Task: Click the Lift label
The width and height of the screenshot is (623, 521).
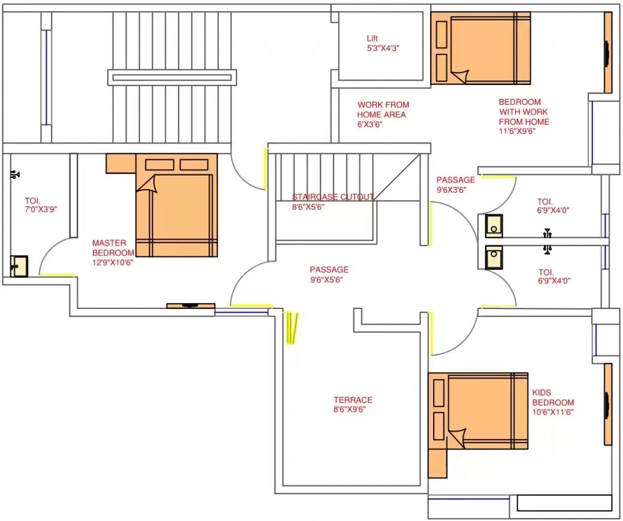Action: tap(373, 39)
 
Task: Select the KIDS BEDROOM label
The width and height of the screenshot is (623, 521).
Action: tap(553, 398)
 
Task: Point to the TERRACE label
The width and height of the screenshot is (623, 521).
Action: tap(353, 400)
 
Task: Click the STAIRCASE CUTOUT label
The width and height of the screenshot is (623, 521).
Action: tap(332, 197)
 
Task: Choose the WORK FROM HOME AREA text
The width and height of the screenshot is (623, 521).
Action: tap(383, 110)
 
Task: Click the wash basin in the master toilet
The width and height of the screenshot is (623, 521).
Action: tap(19, 266)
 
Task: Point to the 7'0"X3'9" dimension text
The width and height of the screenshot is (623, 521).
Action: tap(40, 210)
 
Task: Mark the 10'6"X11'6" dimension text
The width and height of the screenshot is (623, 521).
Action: tap(553, 412)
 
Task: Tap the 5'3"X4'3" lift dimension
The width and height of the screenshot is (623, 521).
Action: tap(383, 49)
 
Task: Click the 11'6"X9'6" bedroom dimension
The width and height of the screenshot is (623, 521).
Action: tap(517, 131)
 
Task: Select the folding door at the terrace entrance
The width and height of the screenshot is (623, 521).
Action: tap(291, 328)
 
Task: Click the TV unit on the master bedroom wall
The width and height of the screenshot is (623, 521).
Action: tap(190, 306)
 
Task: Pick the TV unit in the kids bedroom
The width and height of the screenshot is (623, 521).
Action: tap(607, 404)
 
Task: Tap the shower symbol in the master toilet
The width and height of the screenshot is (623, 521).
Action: tap(16, 175)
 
